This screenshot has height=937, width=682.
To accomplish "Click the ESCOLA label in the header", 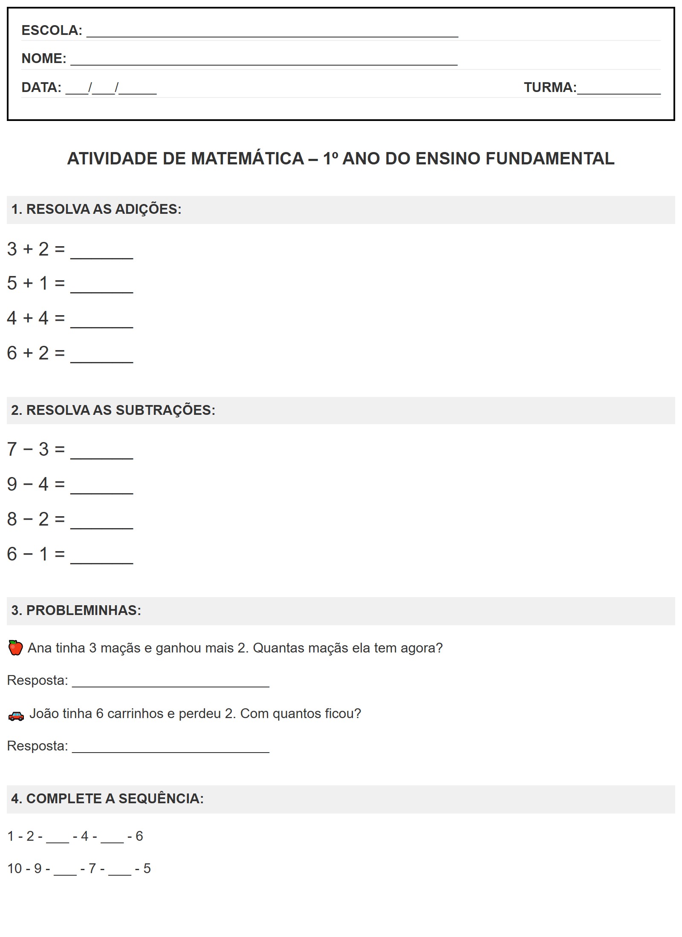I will (51, 30).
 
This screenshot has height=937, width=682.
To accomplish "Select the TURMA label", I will (549, 87).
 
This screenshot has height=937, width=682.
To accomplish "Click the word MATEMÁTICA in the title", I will (247, 158).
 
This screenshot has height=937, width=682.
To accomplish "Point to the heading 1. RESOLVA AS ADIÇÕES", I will (96, 209).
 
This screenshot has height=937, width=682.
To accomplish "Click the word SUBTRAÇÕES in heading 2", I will (165, 410).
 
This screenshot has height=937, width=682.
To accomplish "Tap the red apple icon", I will (16, 648).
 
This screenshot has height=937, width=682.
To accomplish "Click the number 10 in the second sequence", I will (14, 868).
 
